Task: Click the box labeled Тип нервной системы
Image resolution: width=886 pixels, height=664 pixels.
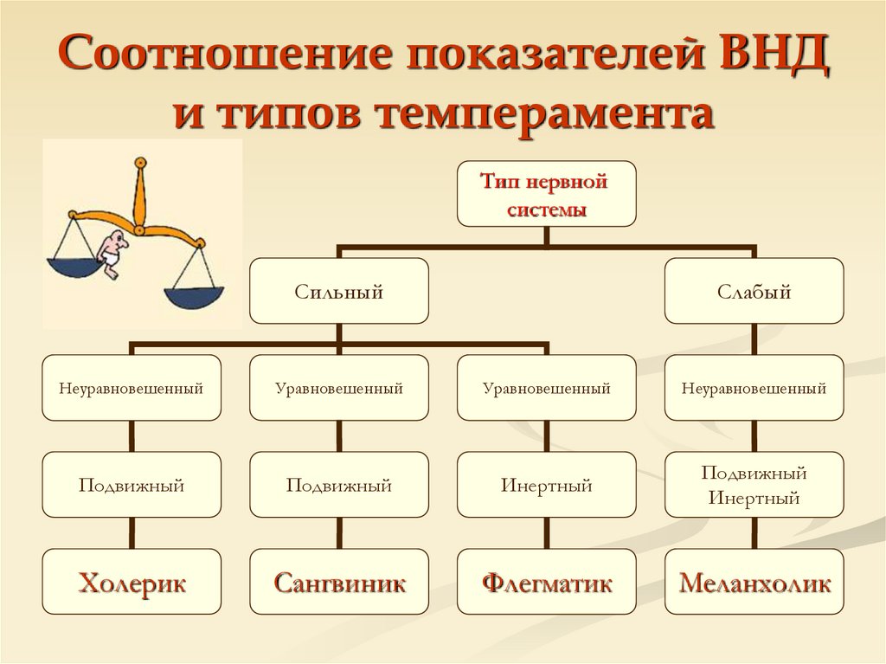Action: tap(546, 194)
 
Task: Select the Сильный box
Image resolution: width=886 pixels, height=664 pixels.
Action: tap(338, 292)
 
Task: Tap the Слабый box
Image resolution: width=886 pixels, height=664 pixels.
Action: tap(754, 292)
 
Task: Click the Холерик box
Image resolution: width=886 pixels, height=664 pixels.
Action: tap(132, 583)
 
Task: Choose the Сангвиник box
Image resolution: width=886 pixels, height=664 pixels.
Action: tap(339, 583)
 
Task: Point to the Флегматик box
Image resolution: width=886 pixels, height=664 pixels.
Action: tap(546, 583)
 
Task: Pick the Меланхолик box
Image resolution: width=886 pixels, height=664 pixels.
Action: tap(754, 583)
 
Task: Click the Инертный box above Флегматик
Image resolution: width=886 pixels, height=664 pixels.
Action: tap(546, 486)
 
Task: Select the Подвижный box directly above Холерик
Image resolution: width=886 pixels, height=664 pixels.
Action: tap(132, 486)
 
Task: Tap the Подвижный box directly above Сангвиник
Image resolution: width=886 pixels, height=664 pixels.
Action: tap(339, 486)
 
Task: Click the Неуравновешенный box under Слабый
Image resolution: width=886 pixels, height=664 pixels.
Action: tap(754, 389)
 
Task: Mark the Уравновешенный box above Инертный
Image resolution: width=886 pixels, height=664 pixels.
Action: tap(546, 389)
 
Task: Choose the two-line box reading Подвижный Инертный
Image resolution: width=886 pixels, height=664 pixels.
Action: tap(754, 486)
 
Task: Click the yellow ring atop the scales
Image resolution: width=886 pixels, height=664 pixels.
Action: tap(140, 161)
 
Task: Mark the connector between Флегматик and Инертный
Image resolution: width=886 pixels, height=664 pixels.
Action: tap(546, 533)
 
